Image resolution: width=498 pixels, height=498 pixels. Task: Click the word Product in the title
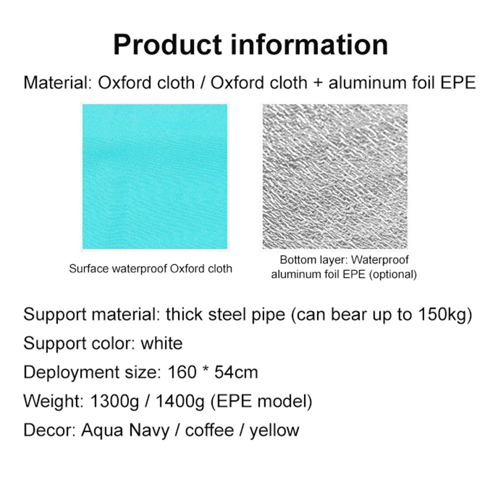168,45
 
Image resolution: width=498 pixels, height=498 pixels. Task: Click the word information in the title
309,45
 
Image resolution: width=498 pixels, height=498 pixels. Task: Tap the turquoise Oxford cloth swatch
155,176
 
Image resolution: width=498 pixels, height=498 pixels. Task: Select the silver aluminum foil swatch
335,176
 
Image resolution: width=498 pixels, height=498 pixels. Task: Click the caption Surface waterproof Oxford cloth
150,269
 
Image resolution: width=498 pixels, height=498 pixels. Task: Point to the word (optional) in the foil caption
393,274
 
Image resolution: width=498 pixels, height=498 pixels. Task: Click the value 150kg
445,315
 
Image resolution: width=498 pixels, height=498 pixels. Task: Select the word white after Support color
162,343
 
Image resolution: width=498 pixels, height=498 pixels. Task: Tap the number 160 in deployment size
182,372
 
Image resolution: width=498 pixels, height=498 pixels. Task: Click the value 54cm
236,372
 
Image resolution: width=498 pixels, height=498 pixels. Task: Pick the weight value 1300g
115,401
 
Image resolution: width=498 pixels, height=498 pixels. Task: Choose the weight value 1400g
180,401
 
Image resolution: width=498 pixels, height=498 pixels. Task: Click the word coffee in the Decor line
210,430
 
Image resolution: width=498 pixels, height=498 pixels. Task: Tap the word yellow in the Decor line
274,431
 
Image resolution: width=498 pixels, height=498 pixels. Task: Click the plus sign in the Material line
318,83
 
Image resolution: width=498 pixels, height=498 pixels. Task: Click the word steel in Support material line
227,314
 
